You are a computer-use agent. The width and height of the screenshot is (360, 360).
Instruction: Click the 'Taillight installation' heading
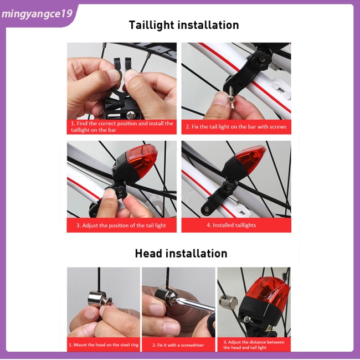[183, 25]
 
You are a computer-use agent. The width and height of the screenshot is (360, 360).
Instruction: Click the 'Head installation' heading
[181, 254]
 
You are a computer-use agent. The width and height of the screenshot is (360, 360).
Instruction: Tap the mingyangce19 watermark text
[37, 13]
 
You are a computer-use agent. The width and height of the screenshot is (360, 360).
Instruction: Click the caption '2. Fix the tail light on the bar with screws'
[236, 127]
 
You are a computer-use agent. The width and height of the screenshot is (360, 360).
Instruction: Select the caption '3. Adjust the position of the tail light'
[121, 225]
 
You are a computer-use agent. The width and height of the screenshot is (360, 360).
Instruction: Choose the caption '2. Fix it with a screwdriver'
[178, 345]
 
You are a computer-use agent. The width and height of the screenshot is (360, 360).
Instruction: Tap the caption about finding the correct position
[121, 127]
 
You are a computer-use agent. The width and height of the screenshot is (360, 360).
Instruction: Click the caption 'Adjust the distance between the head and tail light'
[254, 344]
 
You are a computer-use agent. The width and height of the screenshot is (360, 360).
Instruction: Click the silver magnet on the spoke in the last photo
[229, 302]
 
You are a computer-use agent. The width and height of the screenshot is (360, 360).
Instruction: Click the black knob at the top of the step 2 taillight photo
[260, 56]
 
